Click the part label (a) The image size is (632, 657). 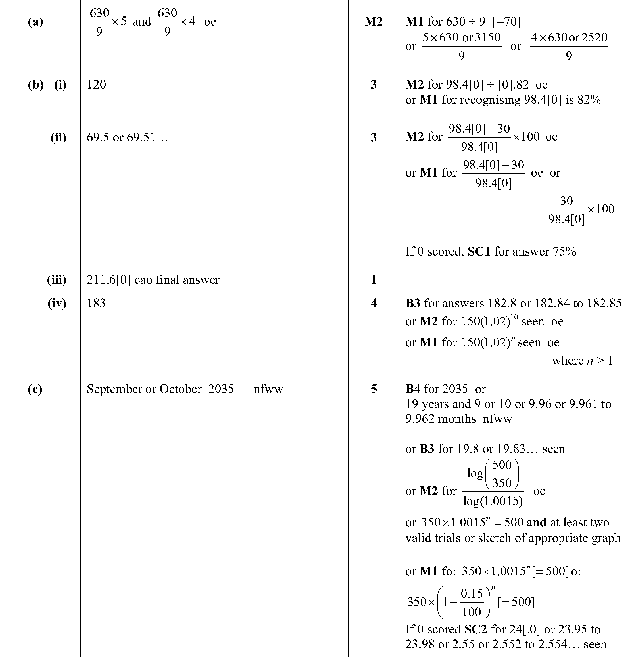[x=35, y=22]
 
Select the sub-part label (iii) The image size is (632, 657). [x=57, y=280]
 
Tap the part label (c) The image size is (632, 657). [x=35, y=389]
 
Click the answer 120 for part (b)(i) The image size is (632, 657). [x=96, y=85]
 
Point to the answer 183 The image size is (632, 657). [x=96, y=303]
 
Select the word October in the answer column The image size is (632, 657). [x=180, y=389]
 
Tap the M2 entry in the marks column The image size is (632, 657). [x=373, y=22]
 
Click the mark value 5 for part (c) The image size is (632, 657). [x=374, y=389]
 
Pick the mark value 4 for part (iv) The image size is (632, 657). [x=374, y=303]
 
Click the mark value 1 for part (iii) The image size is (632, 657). [x=374, y=280]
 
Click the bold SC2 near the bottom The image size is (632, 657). [x=475, y=629]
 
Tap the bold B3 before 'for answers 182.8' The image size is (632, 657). [x=413, y=303]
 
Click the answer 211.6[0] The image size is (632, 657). [x=108, y=280]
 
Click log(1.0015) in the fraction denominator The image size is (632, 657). [x=493, y=501]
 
